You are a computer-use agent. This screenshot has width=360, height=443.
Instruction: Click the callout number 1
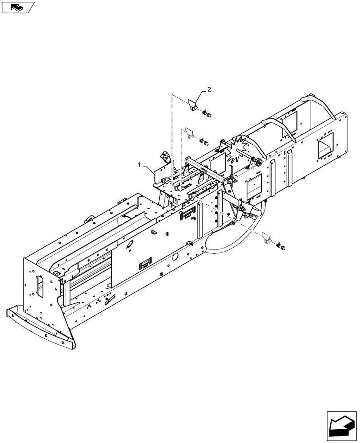(x=140, y=164)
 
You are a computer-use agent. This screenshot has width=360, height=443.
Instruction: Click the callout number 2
(x=209, y=90)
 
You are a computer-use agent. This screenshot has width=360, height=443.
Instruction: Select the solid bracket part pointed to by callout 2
(x=193, y=105)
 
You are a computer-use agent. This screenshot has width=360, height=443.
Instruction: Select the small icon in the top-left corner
(x=18, y=7)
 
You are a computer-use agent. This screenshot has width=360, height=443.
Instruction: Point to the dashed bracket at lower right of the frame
(x=266, y=237)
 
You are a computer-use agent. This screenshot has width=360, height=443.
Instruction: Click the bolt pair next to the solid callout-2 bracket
(x=207, y=115)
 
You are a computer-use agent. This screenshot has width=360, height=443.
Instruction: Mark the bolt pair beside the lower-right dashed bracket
(x=280, y=245)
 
